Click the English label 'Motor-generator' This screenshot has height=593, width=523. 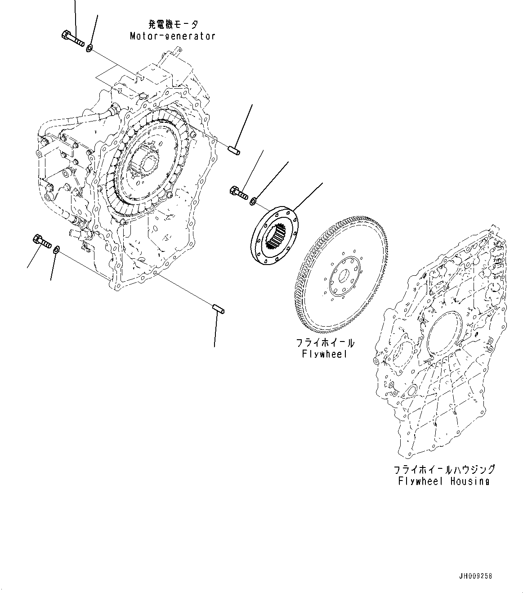point(173,36)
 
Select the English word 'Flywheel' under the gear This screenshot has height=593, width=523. point(324,354)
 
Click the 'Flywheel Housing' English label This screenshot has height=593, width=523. point(443,481)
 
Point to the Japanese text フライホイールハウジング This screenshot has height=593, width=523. point(443,469)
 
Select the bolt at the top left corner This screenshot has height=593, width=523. point(72,38)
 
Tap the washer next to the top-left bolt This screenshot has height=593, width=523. point(89,47)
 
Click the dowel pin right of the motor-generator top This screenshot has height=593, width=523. point(234,150)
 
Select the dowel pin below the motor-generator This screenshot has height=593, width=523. point(219,309)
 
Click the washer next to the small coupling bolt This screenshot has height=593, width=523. point(253,200)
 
